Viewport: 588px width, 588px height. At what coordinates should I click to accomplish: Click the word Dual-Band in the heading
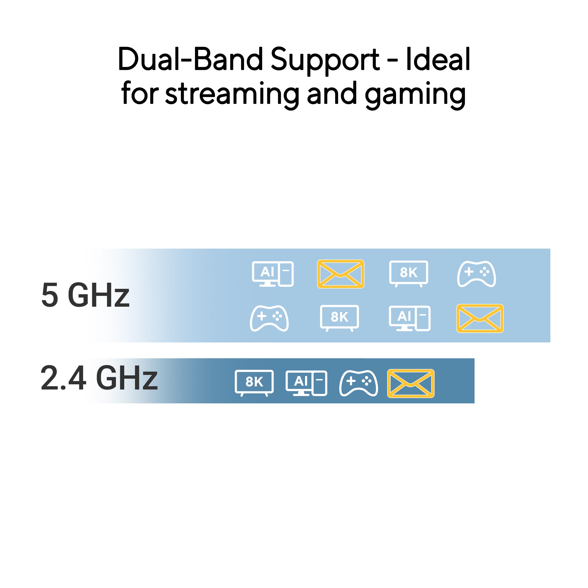[x=190, y=59]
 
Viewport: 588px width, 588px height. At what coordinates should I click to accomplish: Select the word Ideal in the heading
[x=438, y=59]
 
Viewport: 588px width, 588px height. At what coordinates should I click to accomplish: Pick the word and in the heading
[x=332, y=93]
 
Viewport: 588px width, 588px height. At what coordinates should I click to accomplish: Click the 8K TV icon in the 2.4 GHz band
[x=254, y=383]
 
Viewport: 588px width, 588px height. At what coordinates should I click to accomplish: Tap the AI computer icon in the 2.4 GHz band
[x=306, y=383]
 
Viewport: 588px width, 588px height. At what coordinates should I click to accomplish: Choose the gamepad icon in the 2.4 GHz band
[x=358, y=383]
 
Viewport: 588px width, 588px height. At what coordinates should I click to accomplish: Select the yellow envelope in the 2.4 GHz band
[x=411, y=383]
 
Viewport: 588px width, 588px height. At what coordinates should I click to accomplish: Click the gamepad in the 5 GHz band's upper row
[x=476, y=274]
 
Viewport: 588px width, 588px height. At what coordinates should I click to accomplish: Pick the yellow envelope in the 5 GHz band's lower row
[x=480, y=318]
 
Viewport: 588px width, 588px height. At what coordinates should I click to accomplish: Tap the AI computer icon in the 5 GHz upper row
[x=273, y=274]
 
